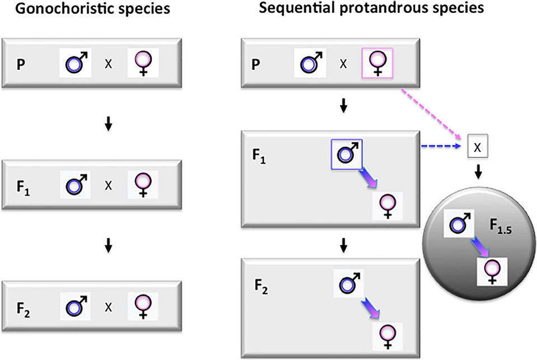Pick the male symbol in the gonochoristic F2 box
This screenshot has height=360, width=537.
tap(76, 306)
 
